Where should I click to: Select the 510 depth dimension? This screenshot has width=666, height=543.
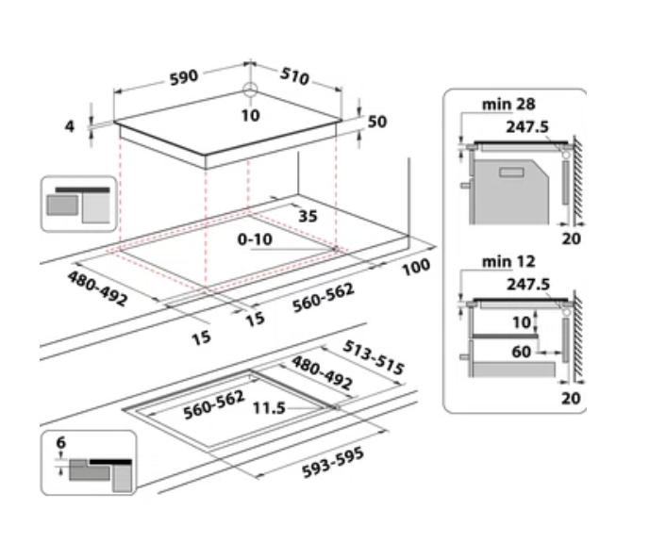pyautogui.click(x=294, y=75)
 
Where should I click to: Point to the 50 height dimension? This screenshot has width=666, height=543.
pyautogui.click(x=378, y=123)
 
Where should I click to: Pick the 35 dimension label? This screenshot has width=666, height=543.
pyautogui.click(x=308, y=216)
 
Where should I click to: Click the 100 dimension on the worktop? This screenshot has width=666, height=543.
pyautogui.click(x=415, y=267)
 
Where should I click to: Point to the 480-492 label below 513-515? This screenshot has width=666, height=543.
pyautogui.click(x=321, y=373)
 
